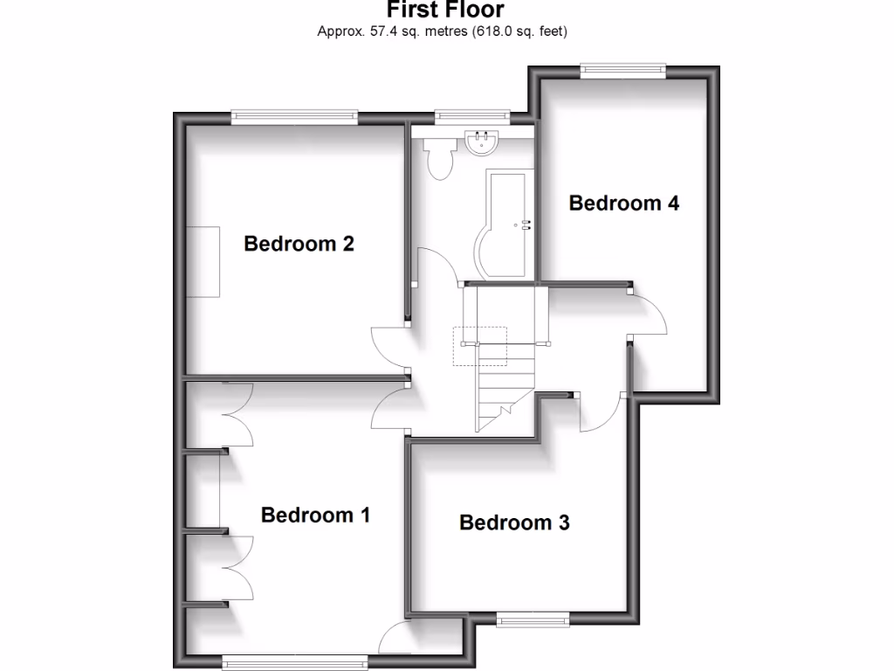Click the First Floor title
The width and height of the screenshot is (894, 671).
pos(445,10)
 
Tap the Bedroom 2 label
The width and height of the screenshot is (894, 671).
pos(299,243)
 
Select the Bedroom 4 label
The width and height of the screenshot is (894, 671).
pos(623,203)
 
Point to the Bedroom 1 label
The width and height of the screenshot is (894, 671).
pos(315,515)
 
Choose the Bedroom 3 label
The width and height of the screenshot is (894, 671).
pos(514,522)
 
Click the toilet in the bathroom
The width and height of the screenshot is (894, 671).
pos(438,157)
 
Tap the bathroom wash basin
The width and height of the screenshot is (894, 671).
pos(481,143)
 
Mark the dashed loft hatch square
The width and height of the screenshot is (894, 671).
pos(479,346)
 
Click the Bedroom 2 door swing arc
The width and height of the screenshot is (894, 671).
pos(389,344)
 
